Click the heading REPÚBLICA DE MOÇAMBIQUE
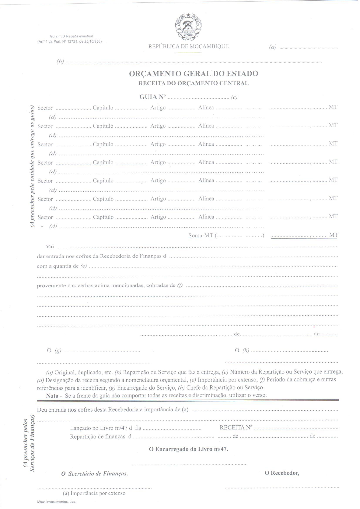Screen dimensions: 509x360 pos(188,46)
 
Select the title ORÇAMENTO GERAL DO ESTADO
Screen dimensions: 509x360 pos(193,73)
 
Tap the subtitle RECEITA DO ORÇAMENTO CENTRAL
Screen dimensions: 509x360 pos(193,83)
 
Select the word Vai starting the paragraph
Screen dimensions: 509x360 pos(50,246)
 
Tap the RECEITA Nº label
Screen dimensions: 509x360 pos(236,427)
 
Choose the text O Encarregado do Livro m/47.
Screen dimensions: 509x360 pos(188,449)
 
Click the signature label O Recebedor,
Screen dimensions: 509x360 pos(282,473)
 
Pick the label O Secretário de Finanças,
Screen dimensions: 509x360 pos(94,474)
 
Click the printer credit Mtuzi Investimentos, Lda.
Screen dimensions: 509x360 pos(57,502)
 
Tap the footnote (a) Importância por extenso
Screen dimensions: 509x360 pos(94,493)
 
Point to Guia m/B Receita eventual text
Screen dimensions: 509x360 pos(71,36)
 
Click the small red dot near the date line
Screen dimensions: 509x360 pos(314,327)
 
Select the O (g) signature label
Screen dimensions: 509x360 pos(54,351)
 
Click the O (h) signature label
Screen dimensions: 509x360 pos(242,350)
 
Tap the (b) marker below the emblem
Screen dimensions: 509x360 pos(60,61)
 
